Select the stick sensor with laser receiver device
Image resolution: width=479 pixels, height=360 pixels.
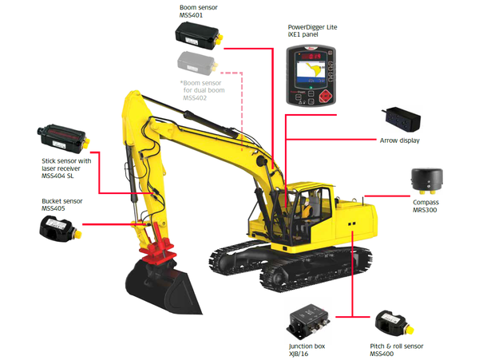click(x=62, y=136)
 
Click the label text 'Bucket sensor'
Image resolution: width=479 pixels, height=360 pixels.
click(x=64, y=202)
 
